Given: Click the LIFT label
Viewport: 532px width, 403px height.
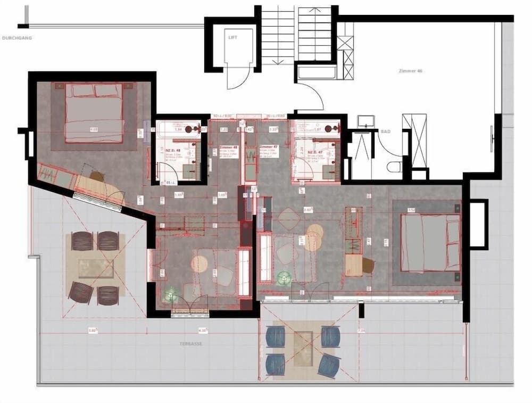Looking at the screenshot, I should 232,38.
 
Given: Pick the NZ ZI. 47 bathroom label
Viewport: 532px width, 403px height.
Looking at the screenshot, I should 314,152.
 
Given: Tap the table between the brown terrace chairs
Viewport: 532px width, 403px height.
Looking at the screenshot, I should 96,268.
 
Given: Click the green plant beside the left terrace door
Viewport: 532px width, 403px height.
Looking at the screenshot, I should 171,295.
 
